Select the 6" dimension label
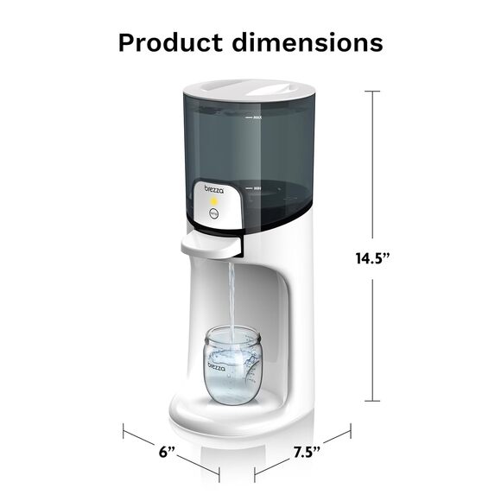click(167, 452)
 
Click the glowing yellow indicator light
click(213, 200)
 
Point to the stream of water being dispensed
click(231, 294)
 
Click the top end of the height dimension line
click(374, 92)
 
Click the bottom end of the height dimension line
click(374, 400)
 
